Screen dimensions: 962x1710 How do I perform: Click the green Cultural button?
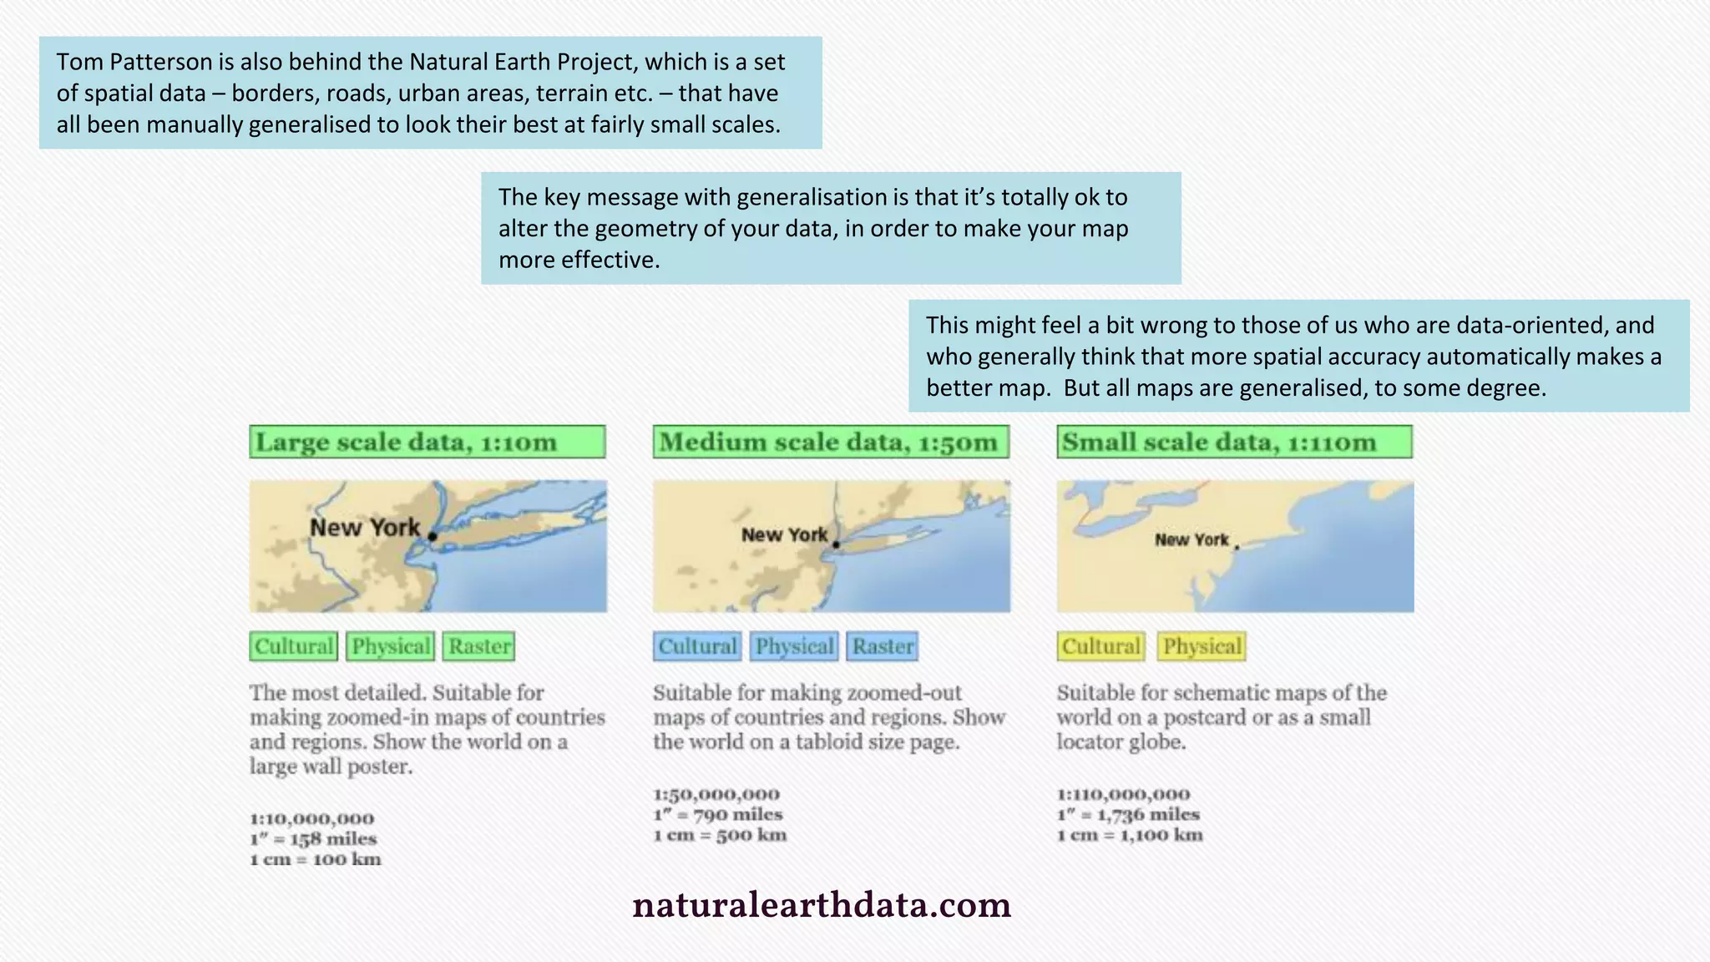294,646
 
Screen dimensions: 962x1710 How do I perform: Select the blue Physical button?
794,646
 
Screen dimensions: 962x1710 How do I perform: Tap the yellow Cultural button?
1100,646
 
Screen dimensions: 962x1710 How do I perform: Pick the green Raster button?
478,646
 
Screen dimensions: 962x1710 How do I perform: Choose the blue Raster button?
883,646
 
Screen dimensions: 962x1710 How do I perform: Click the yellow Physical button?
1202,646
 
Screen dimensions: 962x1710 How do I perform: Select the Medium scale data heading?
831,442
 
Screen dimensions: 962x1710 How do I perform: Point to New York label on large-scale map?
365,528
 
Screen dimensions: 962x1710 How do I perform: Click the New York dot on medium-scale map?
836,544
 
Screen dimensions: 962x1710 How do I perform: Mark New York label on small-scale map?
1191,540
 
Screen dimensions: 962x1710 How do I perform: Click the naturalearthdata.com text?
822,905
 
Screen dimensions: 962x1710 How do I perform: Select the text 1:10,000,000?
311,818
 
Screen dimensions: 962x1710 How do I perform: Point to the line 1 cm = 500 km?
720,835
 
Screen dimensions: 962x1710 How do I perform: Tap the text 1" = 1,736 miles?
1128,814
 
